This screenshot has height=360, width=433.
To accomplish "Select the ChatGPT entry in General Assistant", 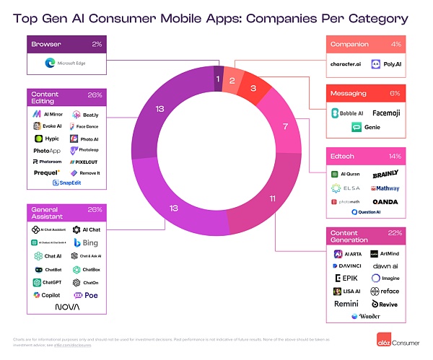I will (x=48, y=282).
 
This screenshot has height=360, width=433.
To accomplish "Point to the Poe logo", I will (x=86, y=295).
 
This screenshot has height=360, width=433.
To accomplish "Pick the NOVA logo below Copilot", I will (x=67, y=307).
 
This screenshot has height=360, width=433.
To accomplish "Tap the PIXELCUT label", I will (x=87, y=162).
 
